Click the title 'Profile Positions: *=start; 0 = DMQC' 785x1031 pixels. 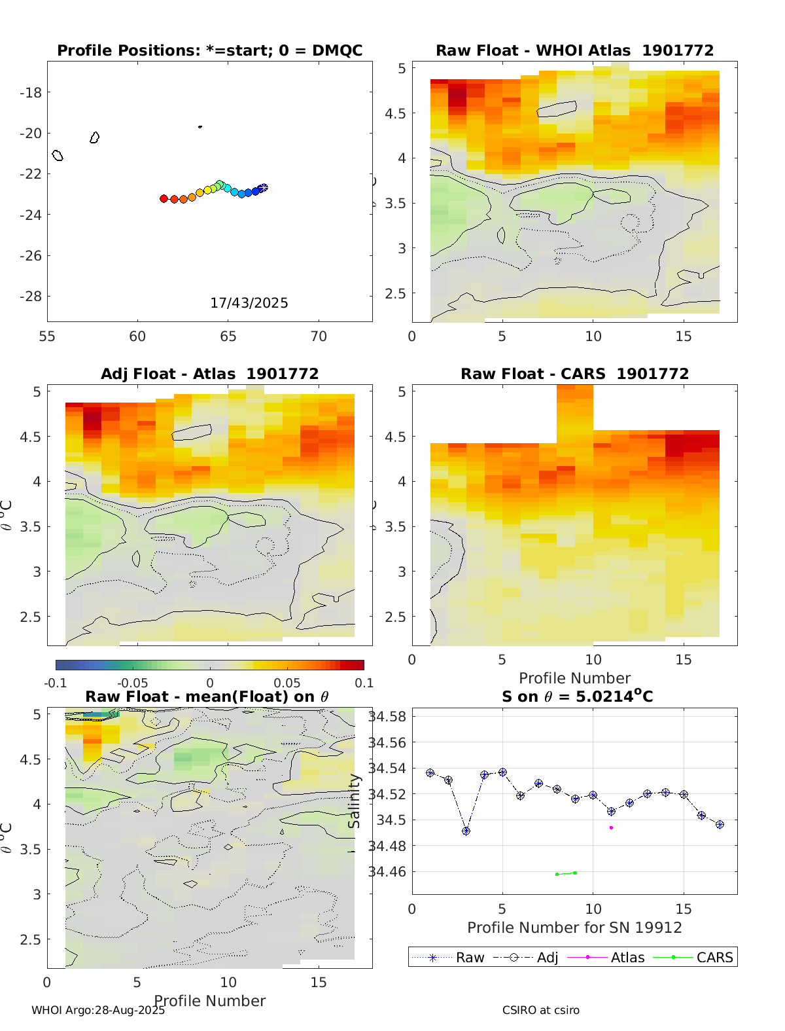(209, 51)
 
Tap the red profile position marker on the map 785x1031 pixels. (164, 198)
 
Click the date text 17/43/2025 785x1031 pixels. (249, 303)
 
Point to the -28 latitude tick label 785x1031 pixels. (31, 297)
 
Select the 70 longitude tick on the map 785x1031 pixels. (319, 336)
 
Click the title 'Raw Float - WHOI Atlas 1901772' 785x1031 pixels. (574, 51)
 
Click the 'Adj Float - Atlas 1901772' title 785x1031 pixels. (209, 374)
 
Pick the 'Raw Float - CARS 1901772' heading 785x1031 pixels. (574, 374)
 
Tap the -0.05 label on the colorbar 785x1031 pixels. (132, 683)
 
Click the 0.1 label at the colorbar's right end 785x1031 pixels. (364, 683)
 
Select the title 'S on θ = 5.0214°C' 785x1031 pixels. (577, 696)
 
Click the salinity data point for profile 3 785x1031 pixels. (466, 831)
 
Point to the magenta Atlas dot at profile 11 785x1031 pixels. (611, 827)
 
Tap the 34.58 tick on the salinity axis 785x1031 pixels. (387, 716)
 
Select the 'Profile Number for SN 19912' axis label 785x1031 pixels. (574, 928)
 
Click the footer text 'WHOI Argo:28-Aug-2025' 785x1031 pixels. (98, 1010)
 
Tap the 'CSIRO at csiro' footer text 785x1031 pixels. (541, 1010)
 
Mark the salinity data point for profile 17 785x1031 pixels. (720, 825)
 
